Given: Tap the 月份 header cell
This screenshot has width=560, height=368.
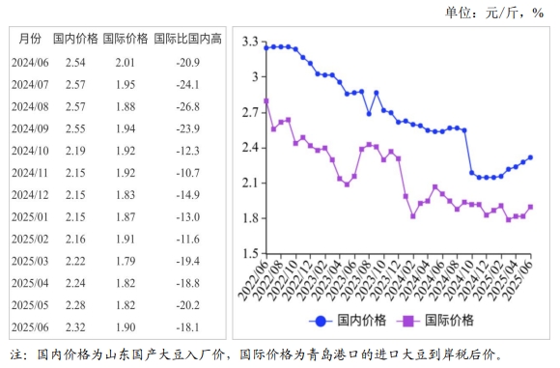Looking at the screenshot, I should (x=30, y=39).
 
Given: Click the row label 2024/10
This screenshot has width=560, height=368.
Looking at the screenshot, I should (x=29, y=151).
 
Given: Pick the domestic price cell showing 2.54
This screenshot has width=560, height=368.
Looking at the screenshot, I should (x=75, y=63).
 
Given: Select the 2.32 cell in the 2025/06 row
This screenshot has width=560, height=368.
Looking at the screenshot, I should (x=75, y=328).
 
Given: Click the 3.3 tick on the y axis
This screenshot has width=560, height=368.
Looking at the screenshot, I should (x=250, y=42).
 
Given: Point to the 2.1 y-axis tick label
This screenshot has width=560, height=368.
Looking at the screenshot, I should (x=250, y=183).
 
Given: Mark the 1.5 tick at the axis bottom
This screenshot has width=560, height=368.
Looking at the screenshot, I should (x=250, y=254).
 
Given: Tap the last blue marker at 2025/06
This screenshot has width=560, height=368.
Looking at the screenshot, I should (x=530, y=157).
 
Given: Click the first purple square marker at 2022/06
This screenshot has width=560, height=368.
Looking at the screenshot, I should (x=266, y=100).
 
